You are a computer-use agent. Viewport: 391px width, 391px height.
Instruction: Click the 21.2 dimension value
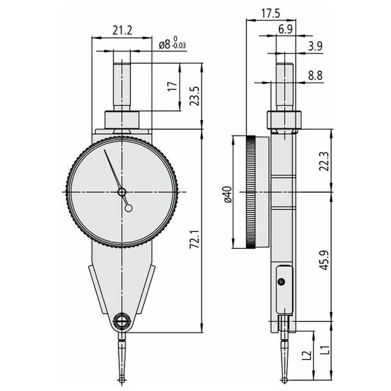click(123, 31)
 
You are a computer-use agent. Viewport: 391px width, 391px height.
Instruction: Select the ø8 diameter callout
click(165, 44)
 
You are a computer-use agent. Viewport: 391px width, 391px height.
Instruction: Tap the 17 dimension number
click(173, 86)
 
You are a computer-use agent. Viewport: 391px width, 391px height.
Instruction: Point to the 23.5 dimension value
click(195, 96)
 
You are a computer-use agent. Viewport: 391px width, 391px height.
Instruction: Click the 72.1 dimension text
click(195, 239)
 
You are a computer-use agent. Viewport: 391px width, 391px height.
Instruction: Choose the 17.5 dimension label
click(271, 14)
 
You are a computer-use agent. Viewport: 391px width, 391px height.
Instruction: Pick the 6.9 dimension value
click(285, 30)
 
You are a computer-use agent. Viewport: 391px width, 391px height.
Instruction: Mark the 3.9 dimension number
click(315, 46)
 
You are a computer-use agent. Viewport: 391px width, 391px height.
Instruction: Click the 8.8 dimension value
click(315, 76)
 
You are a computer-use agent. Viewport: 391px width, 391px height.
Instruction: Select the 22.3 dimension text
click(324, 161)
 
